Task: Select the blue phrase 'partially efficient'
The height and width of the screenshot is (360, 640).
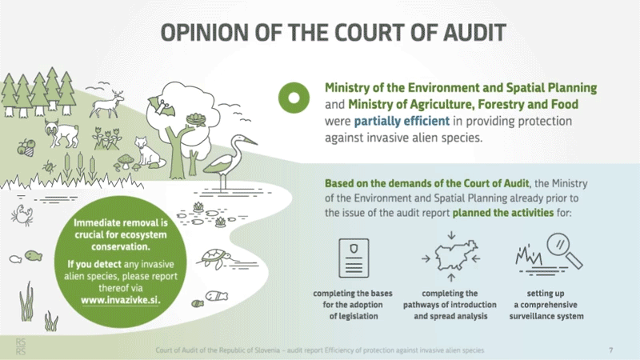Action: coord(402,122)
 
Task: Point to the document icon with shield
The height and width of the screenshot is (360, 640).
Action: coord(354,258)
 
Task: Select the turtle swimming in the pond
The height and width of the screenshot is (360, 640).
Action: coord(215,258)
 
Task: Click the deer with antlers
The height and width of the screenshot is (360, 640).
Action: coord(107,104)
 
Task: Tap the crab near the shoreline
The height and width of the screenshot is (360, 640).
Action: coord(22,215)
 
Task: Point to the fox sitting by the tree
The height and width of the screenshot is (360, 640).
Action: coord(148,152)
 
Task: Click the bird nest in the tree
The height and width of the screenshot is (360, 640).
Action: coord(196,119)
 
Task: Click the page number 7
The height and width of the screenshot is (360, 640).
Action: coord(611,350)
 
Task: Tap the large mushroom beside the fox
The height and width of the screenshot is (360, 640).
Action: coord(126,161)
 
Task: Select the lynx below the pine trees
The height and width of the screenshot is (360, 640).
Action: coord(62,133)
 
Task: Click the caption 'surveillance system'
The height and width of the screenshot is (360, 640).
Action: coord(546,316)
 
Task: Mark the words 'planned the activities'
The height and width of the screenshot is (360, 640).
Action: coord(503,213)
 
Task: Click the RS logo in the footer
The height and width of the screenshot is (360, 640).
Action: coord(21,346)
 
